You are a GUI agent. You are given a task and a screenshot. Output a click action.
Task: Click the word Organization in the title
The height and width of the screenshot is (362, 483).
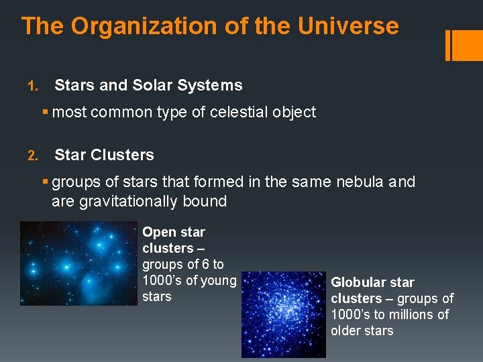pos(138,27)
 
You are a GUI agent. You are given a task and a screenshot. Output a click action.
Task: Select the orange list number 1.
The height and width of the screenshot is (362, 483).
pos(31,86)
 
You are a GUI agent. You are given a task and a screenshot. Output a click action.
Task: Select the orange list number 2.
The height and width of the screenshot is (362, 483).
pos(31,156)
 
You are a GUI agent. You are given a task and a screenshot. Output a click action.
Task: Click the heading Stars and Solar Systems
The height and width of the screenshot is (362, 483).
pos(148,85)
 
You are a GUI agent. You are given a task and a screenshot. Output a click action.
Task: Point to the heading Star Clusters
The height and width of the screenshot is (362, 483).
pos(104,155)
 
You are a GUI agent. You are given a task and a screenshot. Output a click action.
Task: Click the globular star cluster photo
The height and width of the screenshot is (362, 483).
pos(283,314)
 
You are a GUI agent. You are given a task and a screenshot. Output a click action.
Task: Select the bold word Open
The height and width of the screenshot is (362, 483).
pos(158,232)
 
